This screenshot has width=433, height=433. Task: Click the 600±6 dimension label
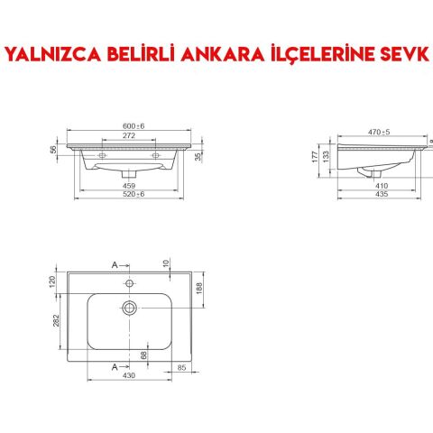tap(134, 126)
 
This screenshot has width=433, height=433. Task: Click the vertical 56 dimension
tap(53, 150)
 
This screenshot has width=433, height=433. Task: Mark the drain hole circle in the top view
tap(131, 308)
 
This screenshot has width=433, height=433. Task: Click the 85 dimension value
tap(182, 367)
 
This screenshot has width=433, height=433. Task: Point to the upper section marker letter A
tap(115, 265)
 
